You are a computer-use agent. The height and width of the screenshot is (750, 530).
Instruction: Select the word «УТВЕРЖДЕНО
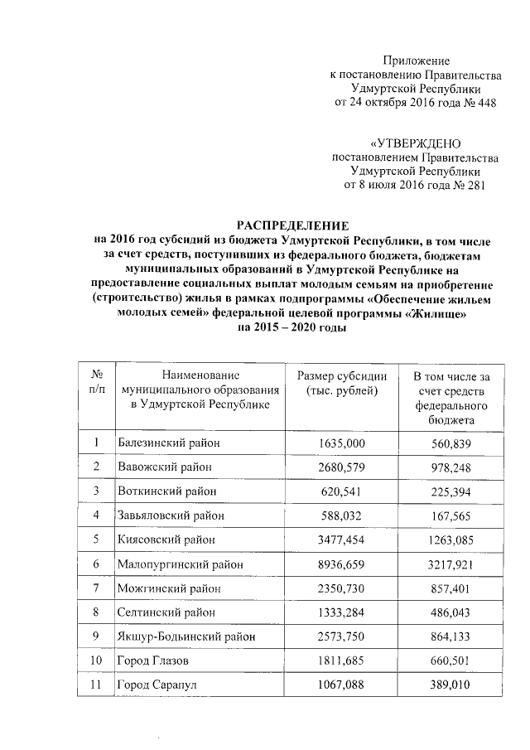[x=415, y=143]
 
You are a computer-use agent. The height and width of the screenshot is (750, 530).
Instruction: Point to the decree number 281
[x=470, y=185]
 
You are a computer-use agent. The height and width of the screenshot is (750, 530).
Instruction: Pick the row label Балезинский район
[x=169, y=443]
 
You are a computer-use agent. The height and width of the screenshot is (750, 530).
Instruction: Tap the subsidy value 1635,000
[x=341, y=443]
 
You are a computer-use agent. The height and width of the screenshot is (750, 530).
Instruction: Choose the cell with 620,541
[x=341, y=491]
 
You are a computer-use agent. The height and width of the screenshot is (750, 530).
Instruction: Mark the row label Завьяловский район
[x=172, y=515]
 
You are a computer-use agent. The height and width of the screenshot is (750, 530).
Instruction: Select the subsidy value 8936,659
[x=341, y=564]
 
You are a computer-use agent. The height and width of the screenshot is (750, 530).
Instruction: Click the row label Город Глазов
[x=155, y=660]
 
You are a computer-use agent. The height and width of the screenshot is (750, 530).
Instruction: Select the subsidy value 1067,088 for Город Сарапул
[x=341, y=685]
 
